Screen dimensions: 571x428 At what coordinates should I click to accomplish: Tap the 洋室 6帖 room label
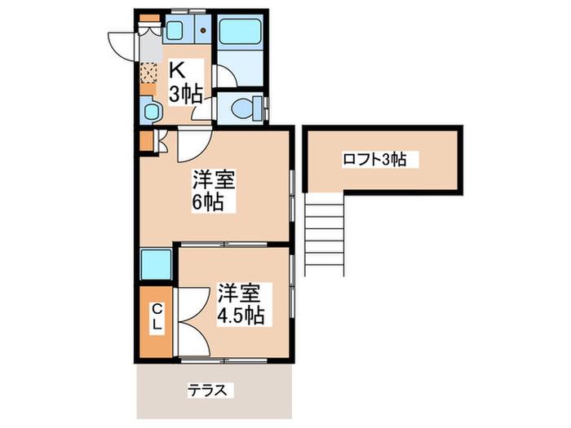click(213, 190)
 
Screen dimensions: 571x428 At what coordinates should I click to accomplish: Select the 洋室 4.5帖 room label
click(240, 304)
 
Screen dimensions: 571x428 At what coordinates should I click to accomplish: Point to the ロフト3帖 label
click(375, 160)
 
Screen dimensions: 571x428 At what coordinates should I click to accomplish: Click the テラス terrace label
click(207, 390)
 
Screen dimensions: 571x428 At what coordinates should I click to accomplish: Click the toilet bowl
click(243, 108)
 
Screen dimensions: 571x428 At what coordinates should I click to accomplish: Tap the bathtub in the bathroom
click(241, 32)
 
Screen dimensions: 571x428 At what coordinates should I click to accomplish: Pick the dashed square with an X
click(148, 73)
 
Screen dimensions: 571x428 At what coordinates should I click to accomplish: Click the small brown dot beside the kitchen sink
click(204, 31)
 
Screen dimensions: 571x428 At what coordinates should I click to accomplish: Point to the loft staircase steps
click(324, 235)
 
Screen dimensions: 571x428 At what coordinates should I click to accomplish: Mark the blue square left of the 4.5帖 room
click(156, 264)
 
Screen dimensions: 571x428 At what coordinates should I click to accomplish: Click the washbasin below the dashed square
click(150, 111)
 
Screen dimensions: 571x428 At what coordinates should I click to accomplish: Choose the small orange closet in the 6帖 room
click(147, 140)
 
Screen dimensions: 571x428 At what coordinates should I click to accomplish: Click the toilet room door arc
click(201, 109)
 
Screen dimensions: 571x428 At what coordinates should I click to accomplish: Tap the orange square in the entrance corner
click(150, 17)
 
